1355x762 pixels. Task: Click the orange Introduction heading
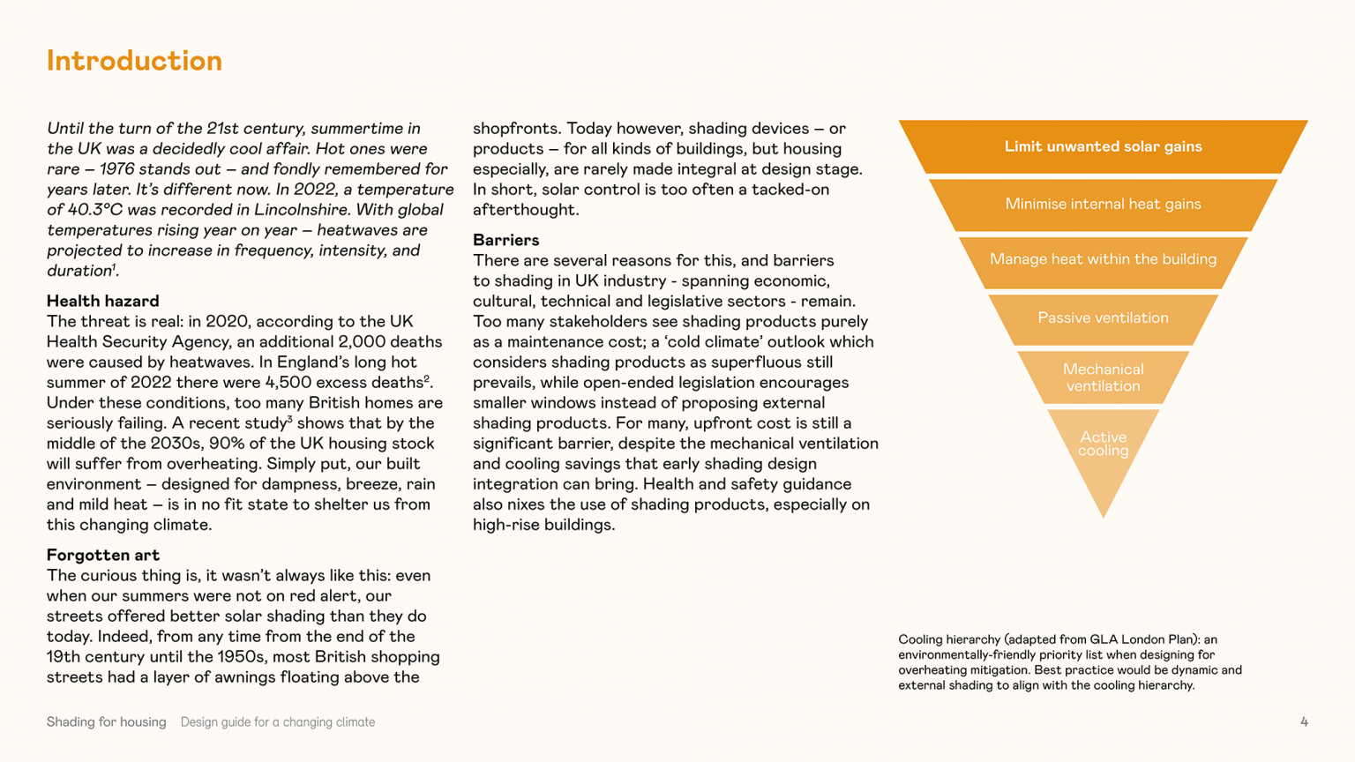(x=134, y=61)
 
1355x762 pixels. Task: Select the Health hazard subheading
(x=102, y=301)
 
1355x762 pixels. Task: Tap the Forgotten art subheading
(x=102, y=555)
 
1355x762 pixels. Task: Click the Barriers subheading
(x=505, y=240)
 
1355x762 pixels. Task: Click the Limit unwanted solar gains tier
(x=1103, y=146)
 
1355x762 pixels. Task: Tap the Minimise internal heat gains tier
(x=1103, y=204)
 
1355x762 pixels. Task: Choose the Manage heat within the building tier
(x=1103, y=259)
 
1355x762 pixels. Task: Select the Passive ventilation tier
(x=1103, y=317)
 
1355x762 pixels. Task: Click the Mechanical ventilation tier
(x=1103, y=377)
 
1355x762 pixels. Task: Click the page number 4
(x=1304, y=722)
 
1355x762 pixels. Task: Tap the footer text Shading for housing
(x=106, y=722)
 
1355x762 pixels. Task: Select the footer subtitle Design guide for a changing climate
(x=278, y=722)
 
